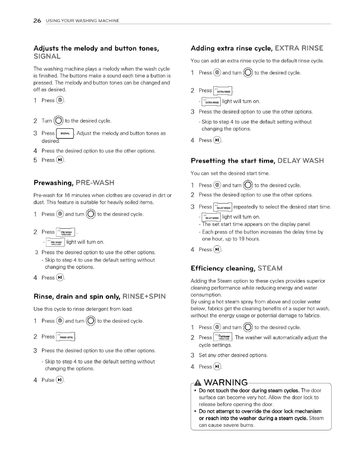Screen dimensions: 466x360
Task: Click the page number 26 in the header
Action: click(x=37, y=21)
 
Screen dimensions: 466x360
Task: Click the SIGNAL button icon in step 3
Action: click(x=65, y=133)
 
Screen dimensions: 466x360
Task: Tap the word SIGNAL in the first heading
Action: click(x=47, y=57)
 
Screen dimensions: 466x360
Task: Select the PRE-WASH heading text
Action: click(x=95, y=183)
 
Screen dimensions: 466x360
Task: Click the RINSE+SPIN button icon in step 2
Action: click(x=66, y=337)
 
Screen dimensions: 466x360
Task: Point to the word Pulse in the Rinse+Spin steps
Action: click(x=48, y=380)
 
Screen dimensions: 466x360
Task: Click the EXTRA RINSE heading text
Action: click(x=299, y=48)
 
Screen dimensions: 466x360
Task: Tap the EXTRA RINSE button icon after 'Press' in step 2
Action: click(x=223, y=91)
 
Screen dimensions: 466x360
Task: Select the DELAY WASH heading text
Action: click(x=300, y=161)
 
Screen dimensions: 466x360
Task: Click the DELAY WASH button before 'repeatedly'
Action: click(x=223, y=207)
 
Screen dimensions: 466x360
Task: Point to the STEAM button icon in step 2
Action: click(x=223, y=337)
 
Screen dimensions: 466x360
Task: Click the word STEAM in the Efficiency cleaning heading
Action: click(x=270, y=269)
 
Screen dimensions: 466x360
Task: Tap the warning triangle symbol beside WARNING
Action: click(x=197, y=383)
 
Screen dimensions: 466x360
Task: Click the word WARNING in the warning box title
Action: click(x=226, y=383)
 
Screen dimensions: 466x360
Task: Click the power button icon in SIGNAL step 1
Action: click(x=60, y=100)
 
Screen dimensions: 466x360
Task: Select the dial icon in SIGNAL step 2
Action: click(x=58, y=121)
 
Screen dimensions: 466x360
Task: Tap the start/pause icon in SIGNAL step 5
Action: click(x=60, y=160)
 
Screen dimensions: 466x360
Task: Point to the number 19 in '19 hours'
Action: click(x=242, y=239)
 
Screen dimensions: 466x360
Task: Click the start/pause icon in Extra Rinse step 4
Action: click(x=217, y=140)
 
